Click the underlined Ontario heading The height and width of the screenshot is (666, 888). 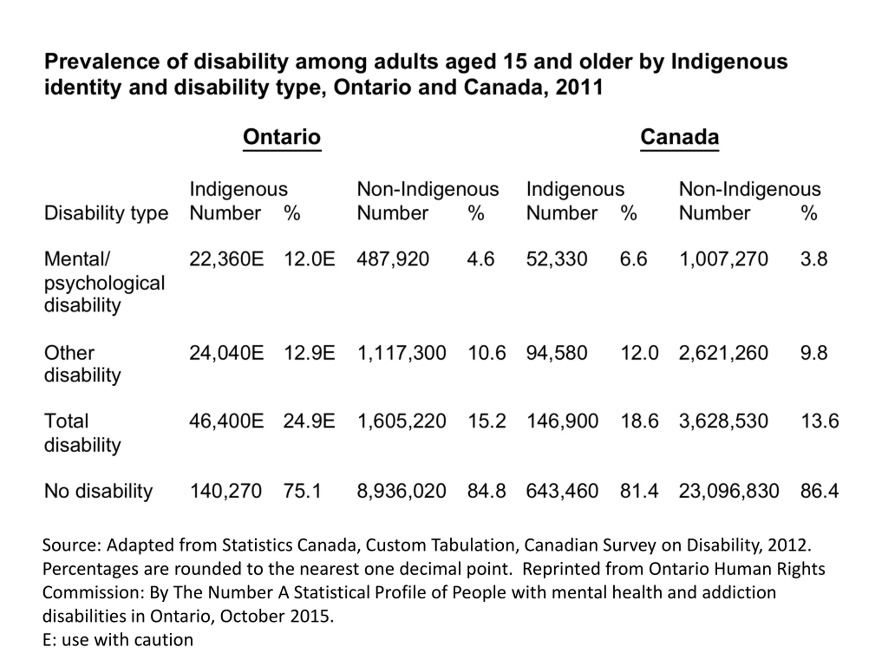[x=282, y=137]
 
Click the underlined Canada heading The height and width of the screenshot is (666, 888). [x=679, y=137]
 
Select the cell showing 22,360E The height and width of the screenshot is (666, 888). [x=227, y=259]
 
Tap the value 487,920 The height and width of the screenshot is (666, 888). [x=393, y=259]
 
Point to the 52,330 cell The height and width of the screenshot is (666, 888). [x=556, y=259]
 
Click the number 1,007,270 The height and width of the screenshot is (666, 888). [x=723, y=259]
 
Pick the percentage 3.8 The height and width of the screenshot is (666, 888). [x=814, y=259]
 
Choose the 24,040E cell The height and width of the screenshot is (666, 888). [x=227, y=353]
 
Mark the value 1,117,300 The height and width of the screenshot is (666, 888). [x=401, y=353]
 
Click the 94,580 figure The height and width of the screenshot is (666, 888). [x=556, y=353]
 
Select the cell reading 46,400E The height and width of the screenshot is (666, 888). [x=227, y=421]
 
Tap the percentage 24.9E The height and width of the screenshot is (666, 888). [x=309, y=421]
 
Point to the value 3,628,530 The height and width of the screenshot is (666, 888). [x=723, y=421]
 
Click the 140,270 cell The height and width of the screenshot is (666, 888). [x=225, y=491]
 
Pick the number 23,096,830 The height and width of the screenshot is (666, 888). [x=729, y=491]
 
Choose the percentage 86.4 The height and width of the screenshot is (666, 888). [x=819, y=491]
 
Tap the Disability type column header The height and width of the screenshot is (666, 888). [x=106, y=213]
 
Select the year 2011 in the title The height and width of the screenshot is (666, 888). [x=579, y=87]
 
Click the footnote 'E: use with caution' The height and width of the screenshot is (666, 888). [x=118, y=640]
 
